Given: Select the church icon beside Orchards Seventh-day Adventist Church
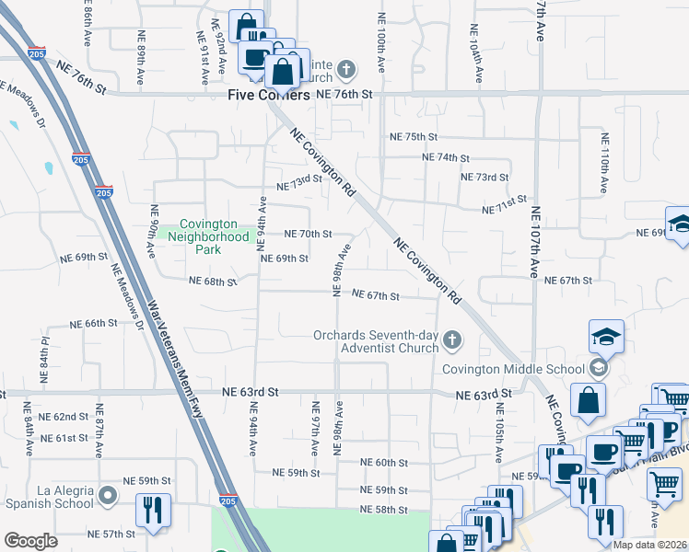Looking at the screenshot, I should point(451,340).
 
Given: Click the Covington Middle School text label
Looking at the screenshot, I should point(512,369).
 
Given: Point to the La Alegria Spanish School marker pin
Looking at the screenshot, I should point(109,497).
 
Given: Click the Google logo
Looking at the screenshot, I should point(30,541).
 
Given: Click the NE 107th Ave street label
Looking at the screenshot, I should point(535,241).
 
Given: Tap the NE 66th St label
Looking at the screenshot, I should point(96,324).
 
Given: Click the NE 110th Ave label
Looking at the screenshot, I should point(603,164).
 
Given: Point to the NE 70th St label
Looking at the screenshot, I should point(308,235).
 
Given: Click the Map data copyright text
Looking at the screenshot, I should point(650,545).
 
